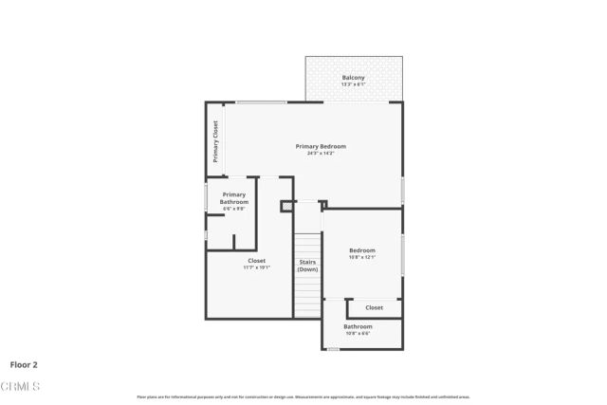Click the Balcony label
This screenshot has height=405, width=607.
point(354,78)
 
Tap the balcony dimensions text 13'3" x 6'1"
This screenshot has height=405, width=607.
point(354,84)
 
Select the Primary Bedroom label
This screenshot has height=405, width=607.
point(321,146)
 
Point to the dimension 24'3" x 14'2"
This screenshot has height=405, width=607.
point(321,153)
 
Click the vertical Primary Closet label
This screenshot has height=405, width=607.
point(215,141)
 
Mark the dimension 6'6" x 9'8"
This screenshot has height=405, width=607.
point(234,209)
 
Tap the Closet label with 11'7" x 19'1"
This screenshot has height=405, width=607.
point(257,260)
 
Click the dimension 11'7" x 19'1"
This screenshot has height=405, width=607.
point(257,267)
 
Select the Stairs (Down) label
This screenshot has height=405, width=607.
point(307,265)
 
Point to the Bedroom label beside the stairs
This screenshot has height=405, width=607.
point(362,250)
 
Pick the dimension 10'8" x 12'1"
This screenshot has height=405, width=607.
point(362,257)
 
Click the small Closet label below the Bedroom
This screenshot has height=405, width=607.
point(375,307)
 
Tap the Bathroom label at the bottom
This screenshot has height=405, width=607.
point(358,326)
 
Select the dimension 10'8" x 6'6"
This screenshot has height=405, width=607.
point(358,333)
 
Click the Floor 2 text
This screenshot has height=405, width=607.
point(24,363)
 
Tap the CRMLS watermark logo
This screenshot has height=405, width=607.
point(20,386)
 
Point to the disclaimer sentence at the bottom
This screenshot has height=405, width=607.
point(303,396)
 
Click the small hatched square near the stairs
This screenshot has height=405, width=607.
point(285,205)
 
